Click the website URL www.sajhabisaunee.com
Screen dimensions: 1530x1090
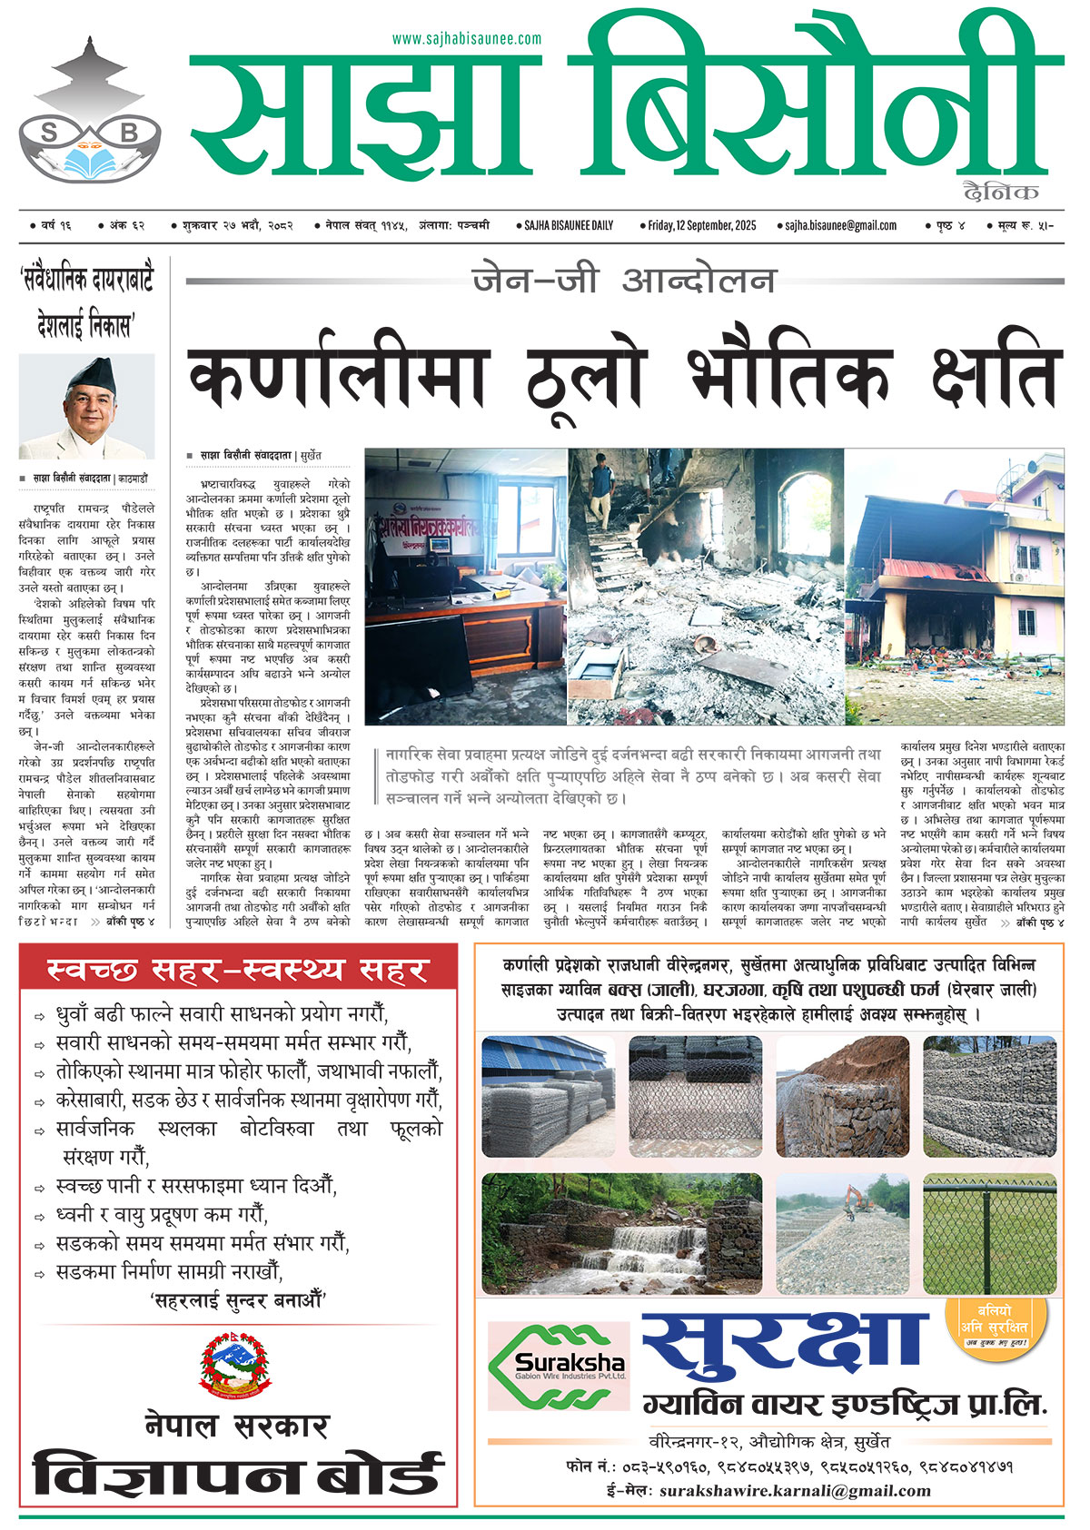(x=467, y=38)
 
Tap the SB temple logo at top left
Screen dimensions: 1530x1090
(x=89, y=113)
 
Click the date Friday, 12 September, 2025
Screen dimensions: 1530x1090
(x=698, y=225)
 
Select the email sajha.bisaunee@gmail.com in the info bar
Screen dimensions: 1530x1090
(x=836, y=225)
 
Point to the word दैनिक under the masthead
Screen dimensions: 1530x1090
(x=1001, y=192)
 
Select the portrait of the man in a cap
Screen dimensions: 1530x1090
(x=88, y=407)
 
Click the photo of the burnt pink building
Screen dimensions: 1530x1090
(x=954, y=586)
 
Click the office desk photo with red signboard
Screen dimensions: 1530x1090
(x=465, y=586)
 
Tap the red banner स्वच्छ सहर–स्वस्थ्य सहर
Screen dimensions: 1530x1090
(x=237, y=970)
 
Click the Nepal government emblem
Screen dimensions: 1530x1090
(x=236, y=1365)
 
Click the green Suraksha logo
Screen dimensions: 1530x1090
(x=559, y=1366)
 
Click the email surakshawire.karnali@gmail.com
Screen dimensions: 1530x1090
(x=795, y=1491)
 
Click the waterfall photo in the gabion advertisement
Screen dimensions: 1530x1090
(x=622, y=1233)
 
